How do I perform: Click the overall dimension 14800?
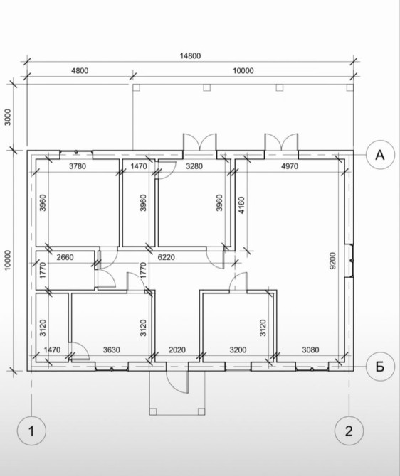pos(191,56)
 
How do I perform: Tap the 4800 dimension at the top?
pos(80,71)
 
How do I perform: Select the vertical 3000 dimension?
pos(8,117)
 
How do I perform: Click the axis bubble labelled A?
pos(380,155)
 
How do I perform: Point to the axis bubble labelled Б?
pos(380,367)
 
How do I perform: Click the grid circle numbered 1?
pos(31,431)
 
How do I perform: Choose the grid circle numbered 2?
pos(349,431)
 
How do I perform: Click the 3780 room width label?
pos(78,166)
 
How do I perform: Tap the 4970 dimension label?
pos(290,166)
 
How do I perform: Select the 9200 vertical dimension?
pos(332,261)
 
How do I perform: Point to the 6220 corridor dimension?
pos(167,257)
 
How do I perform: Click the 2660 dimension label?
pos(65,257)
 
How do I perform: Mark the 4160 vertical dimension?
pos(241,205)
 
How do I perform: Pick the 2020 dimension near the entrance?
pos(177,350)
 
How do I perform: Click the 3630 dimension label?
pos(111,350)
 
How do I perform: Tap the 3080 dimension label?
pos(310,350)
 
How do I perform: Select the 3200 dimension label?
pos(238,350)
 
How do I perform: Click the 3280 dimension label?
pos(194,166)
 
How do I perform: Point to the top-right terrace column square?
pos(349,87)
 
